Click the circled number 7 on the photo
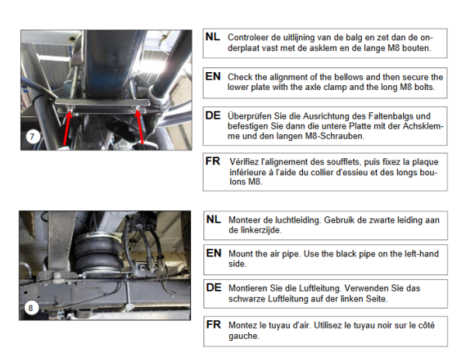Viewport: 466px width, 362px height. tap(33, 136)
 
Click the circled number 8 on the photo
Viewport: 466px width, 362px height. tap(31, 308)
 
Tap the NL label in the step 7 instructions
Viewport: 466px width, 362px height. tap(213, 37)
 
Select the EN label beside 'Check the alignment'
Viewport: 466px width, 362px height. tap(213, 77)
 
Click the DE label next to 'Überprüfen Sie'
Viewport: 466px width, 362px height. tap(213, 115)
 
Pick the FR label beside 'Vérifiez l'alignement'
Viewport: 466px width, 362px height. tap(213, 161)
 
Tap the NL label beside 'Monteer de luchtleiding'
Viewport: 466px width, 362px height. tap(214, 219)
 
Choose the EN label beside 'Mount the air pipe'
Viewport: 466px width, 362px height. tap(214, 253)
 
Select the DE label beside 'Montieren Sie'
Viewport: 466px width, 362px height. tap(214, 288)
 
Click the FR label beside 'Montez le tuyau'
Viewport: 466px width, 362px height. tap(214, 325)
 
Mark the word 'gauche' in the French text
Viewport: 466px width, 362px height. tap(244, 336)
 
